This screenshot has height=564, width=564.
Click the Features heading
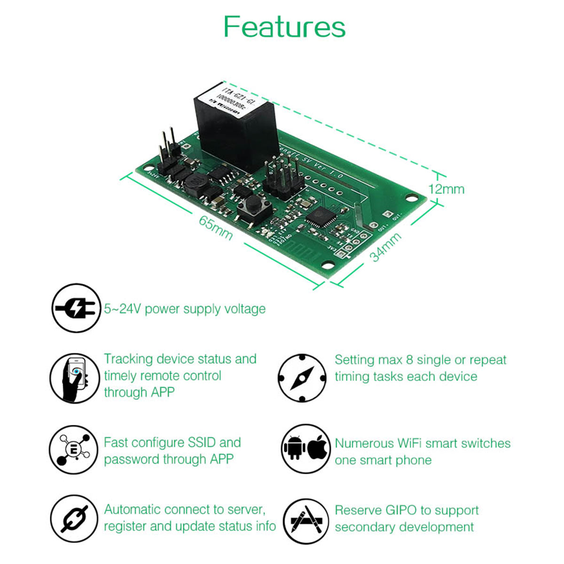(x=284, y=27)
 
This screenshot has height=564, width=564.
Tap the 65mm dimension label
(x=216, y=227)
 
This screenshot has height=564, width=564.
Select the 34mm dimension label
(x=385, y=247)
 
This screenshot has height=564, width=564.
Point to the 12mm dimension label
(x=446, y=189)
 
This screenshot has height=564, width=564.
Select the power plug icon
(x=76, y=308)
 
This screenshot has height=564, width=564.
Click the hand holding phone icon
(x=74, y=378)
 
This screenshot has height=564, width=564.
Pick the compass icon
(x=302, y=378)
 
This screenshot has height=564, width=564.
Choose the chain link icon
(x=74, y=520)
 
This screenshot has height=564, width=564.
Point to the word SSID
(x=202, y=443)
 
